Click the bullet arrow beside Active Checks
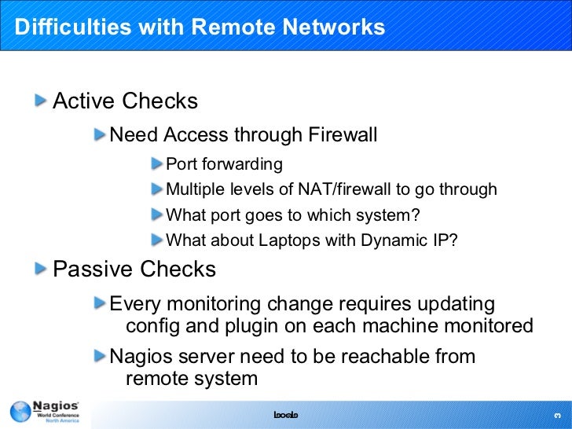pyautogui.click(x=41, y=101)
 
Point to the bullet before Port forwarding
pyautogui.click(x=157, y=164)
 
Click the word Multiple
pyautogui.click(x=196, y=189)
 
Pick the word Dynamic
pyautogui.click(x=394, y=240)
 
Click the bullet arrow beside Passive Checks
pyautogui.click(x=41, y=269)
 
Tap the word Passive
pyautogui.click(x=91, y=269)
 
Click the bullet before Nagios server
pyautogui.click(x=99, y=356)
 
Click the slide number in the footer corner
pyautogui.click(x=556, y=414)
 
